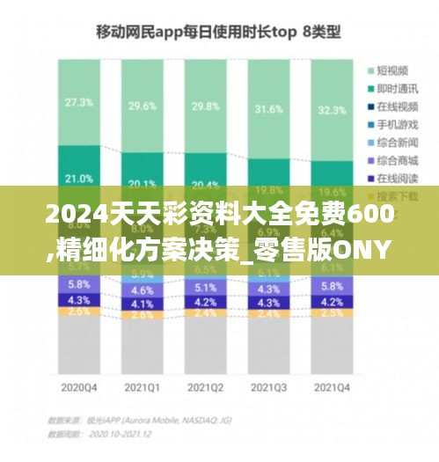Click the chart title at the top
pos(218,33)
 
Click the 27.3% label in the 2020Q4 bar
pos(78,102)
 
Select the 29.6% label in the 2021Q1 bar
pos(142,106)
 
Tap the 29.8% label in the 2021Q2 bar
pos(204,106)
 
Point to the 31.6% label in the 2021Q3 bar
pos(267,109)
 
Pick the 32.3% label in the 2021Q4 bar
pos(331,111)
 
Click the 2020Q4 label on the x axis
pos(78,387)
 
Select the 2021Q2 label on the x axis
pos(204,387)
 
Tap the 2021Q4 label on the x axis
pos(331,387)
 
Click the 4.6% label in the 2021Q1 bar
pos(142,290)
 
